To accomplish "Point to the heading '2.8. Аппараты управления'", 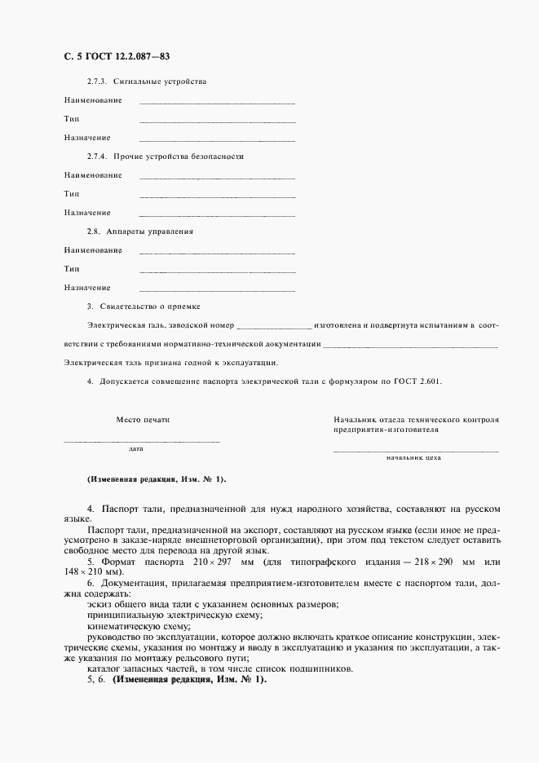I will click(139, 232).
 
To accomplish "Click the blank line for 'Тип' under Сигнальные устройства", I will click(217, 121).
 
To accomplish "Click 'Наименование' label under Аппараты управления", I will click(93, 249).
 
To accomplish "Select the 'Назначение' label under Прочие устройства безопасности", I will click(87, 213).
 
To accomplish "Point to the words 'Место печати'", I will click(143, 419).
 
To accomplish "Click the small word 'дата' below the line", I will click(136, 448).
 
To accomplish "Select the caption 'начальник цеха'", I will click(414, 458).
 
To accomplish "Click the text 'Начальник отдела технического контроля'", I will click(416, 419).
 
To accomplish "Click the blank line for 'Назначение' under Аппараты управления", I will click(217, 289).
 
